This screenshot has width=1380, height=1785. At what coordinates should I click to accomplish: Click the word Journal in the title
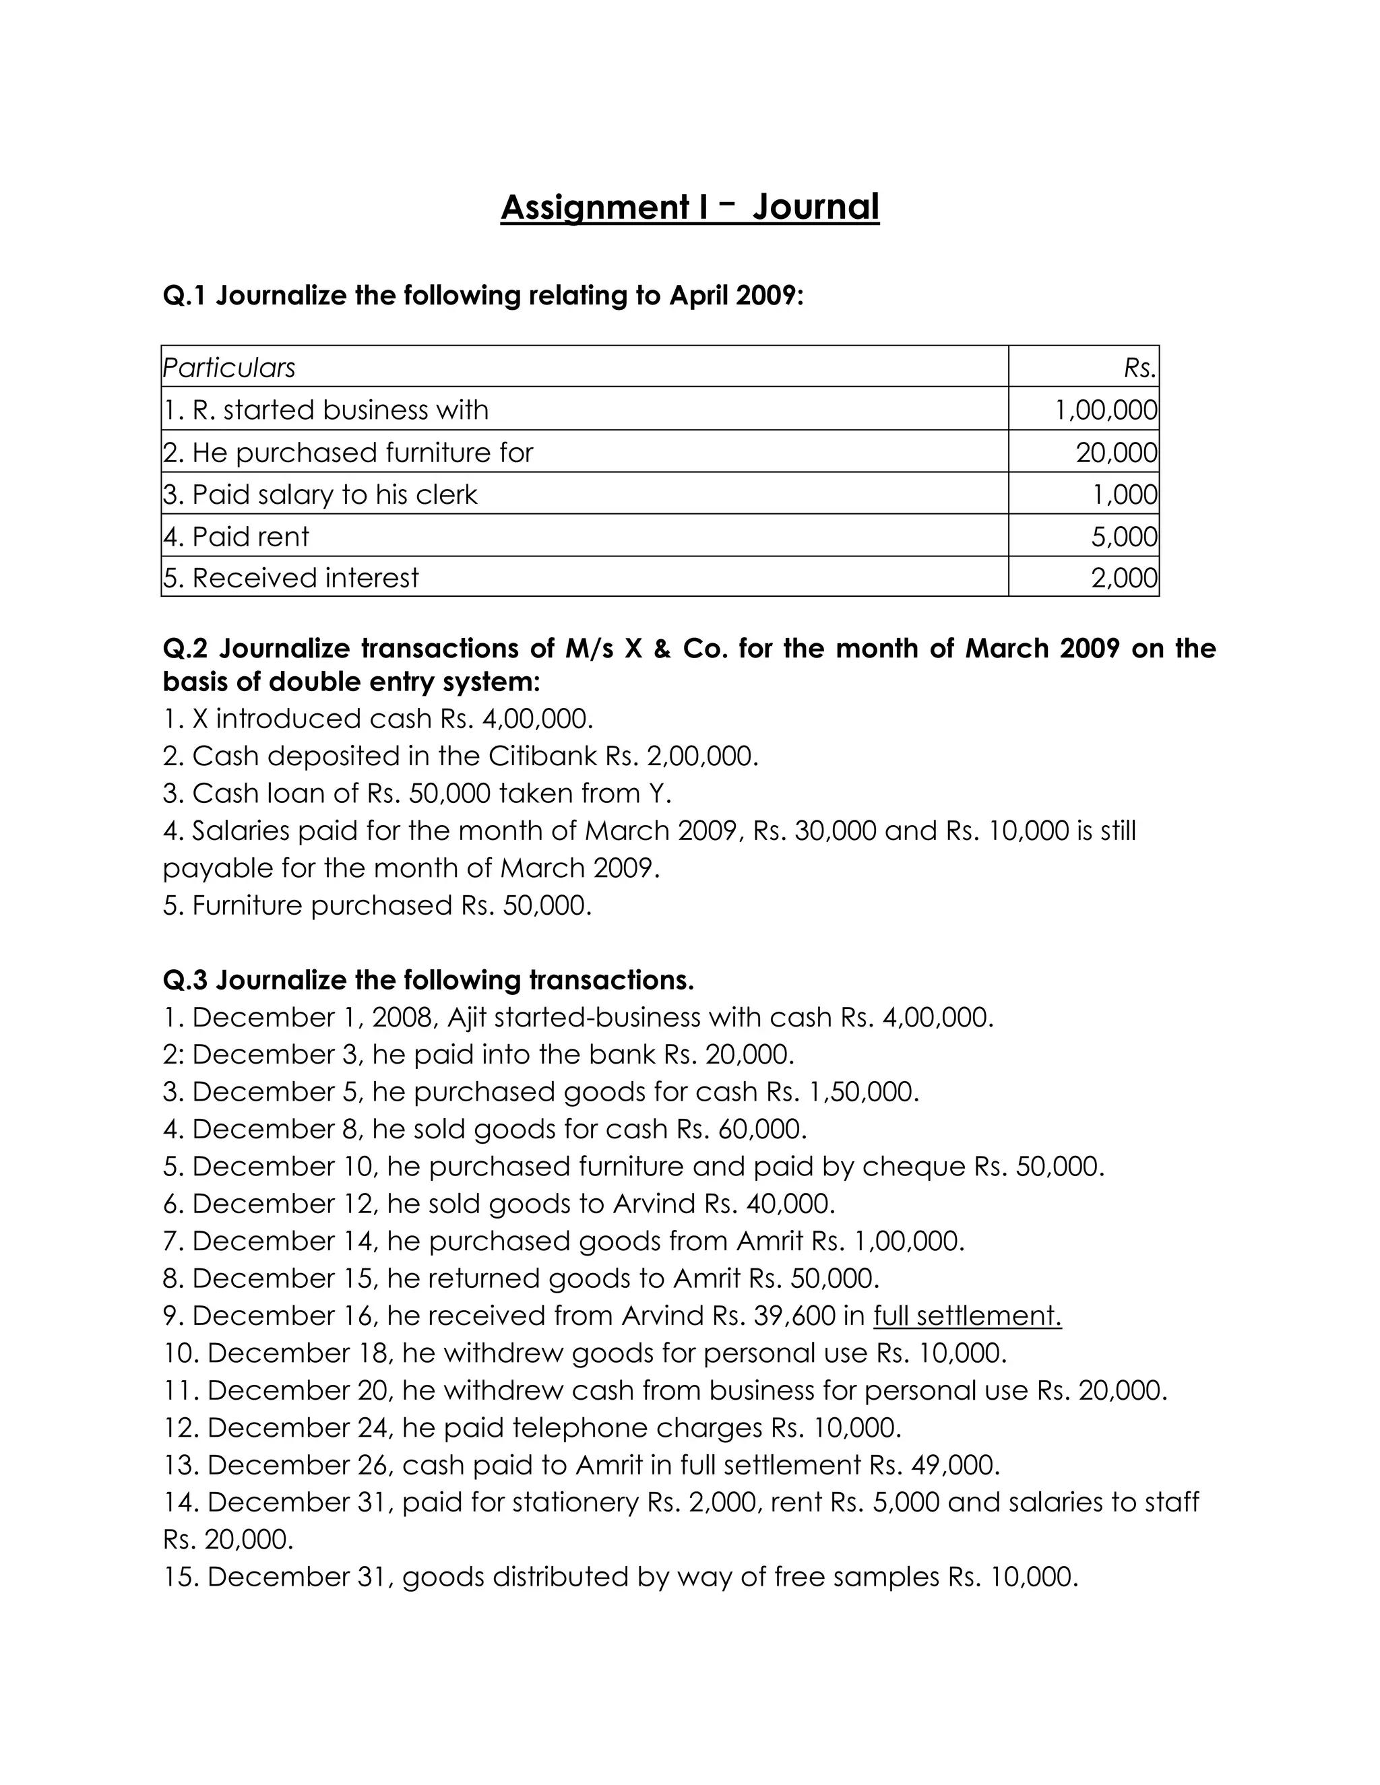pos(815,207)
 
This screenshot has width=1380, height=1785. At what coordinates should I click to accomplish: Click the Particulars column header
pos(229,368)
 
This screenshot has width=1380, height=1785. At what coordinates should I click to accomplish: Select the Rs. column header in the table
pos(1139,368)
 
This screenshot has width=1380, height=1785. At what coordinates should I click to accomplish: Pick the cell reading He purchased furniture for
pos(348,452)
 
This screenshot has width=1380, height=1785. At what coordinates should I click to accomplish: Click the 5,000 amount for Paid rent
pos(1124,536)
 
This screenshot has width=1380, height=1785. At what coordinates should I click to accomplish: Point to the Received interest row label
pos(291,578)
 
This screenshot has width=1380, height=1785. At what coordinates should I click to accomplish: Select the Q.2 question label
pos(185,648)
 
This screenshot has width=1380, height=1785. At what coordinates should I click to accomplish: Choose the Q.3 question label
pos(185,979)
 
